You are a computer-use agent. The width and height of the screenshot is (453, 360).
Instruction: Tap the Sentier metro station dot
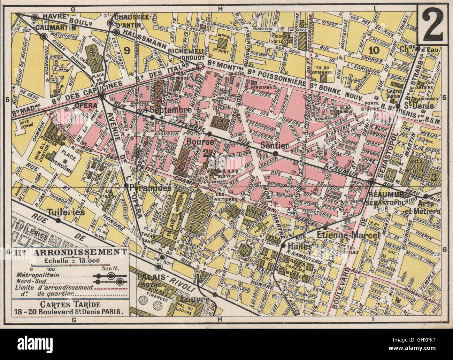[x=275, y=153]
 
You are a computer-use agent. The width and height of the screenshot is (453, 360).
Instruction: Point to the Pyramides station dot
[x=126, y=186]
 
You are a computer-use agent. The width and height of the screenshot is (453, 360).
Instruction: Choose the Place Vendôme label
[x=63, y=166]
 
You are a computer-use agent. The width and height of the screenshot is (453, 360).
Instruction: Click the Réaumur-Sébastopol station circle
[x=371, y=182]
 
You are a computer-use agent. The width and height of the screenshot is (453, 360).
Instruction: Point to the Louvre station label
[x=197, y=299]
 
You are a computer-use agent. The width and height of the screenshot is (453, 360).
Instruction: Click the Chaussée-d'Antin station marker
[x=111, y=23]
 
